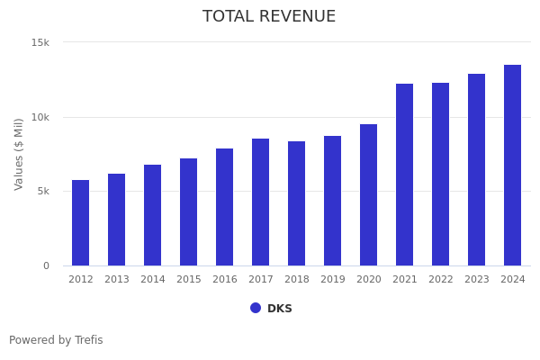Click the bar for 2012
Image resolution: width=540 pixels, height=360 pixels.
pos(81,222)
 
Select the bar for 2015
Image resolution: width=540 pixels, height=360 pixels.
pos(188,211)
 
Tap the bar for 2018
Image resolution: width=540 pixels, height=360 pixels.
pos(296,203)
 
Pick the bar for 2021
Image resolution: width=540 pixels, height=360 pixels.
pos(404,175)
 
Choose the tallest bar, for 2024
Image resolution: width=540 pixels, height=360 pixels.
pos(512,165)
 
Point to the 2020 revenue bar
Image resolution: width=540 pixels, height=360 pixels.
pos(368,195)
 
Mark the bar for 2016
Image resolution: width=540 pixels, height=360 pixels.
pos(224,207)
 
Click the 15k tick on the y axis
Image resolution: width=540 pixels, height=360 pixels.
pos(40,42)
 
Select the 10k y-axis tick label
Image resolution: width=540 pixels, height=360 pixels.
pos(40,118)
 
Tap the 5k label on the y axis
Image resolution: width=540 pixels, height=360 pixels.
pos(43,191)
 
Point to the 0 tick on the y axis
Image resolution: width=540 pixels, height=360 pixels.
pos(46,266)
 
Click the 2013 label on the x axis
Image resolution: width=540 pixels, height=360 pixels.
pos(117,279)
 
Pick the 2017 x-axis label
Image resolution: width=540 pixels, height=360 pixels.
pos(261,279)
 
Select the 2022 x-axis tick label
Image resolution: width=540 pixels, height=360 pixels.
pos(440,279)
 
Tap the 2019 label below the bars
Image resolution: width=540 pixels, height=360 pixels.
pos(333,279)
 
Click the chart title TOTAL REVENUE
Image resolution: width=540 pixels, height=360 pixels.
pos(269,16)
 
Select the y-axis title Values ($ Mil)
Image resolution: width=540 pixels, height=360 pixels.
pos(18,154)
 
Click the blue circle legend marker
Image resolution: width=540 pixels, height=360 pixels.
pos(256,308)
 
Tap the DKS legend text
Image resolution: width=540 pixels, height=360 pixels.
pos(280,309)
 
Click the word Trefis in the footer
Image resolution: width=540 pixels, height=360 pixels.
pos(89,340)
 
